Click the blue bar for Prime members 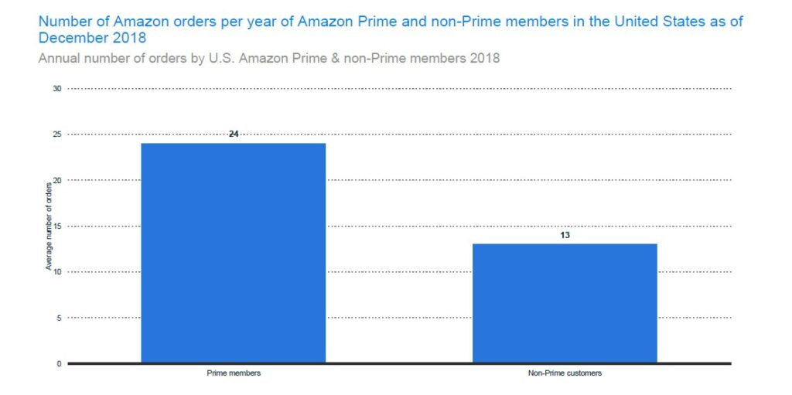coord(233,253)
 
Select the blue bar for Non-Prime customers coord(565,303)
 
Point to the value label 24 coord(233,134)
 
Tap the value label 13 coord(565,234)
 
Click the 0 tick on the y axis coord(59,363)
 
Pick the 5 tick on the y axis coord(59,318)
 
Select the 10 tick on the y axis coord(57,272)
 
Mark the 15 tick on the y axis coord(57,226)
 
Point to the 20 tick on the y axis coord(57,180)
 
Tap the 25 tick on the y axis coord(57,135)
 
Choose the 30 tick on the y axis coord(57,89)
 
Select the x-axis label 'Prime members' coord(233,373)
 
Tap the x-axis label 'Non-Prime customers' coord(565,373)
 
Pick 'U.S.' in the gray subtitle coord(224,57)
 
